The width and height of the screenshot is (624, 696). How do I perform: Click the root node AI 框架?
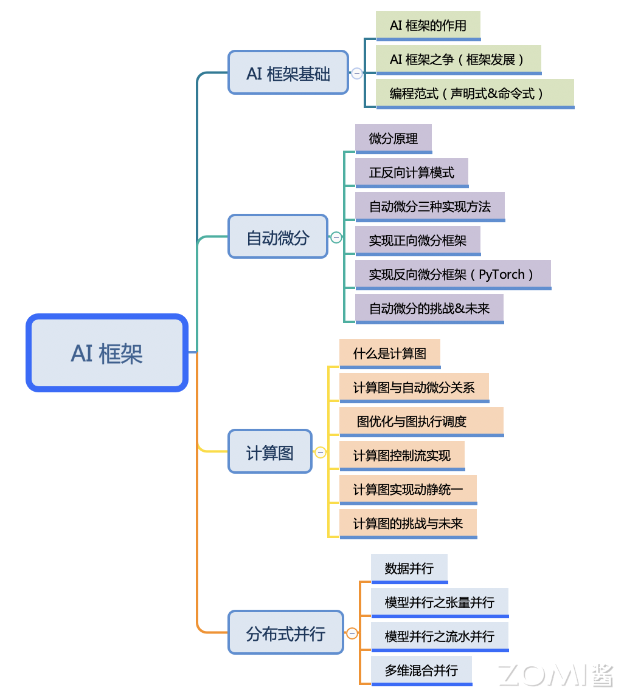click(x=107, y=353)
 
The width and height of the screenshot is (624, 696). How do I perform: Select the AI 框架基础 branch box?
click(x=288, y=73)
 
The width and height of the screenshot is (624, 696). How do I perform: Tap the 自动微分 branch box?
click(x=278, y=237)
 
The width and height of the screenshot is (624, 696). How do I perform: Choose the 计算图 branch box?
click(x=270, y=452)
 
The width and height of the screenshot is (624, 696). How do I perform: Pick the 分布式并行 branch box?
click(x=286, y=633)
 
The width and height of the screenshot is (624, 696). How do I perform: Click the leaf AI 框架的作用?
click(x=428, y=26)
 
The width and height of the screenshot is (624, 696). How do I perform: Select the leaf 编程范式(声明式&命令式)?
click(x=474, y=94)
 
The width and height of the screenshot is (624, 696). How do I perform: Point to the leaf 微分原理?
click(x=393, y=138)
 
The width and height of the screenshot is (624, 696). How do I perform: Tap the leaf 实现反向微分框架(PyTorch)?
click(x=452, y=275)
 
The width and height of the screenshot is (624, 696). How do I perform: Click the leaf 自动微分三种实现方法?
click(x=429, y=206)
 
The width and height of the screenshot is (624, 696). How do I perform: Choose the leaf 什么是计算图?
click(x=390, y=353)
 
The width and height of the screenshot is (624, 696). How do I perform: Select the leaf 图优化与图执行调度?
click(x=421, y=421)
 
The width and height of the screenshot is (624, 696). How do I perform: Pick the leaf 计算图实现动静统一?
click(x=408, y=490)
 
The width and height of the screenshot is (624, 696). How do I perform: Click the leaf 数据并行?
click(x=409, y=568)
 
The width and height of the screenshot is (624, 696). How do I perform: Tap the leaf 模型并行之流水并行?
click(x=440, y=636)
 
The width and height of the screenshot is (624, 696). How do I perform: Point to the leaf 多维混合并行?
click(x=421, y=670)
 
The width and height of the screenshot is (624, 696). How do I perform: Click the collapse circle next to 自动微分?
click(x=336, y=237)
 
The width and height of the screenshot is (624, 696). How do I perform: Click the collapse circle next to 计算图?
click(x=321, y=452)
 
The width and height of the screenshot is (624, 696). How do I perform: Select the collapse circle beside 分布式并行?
click(x=352, y=633)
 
